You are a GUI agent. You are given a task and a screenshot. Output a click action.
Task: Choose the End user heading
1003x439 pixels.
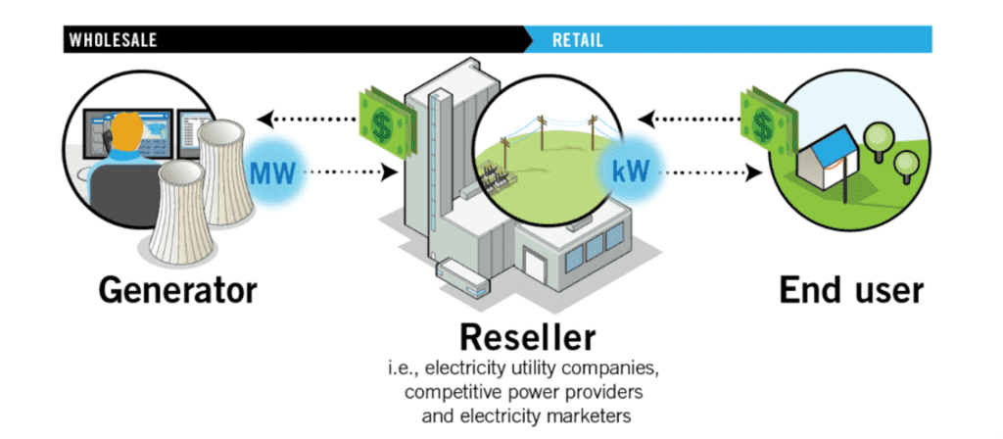pyautogui.click(x=850, y=289)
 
